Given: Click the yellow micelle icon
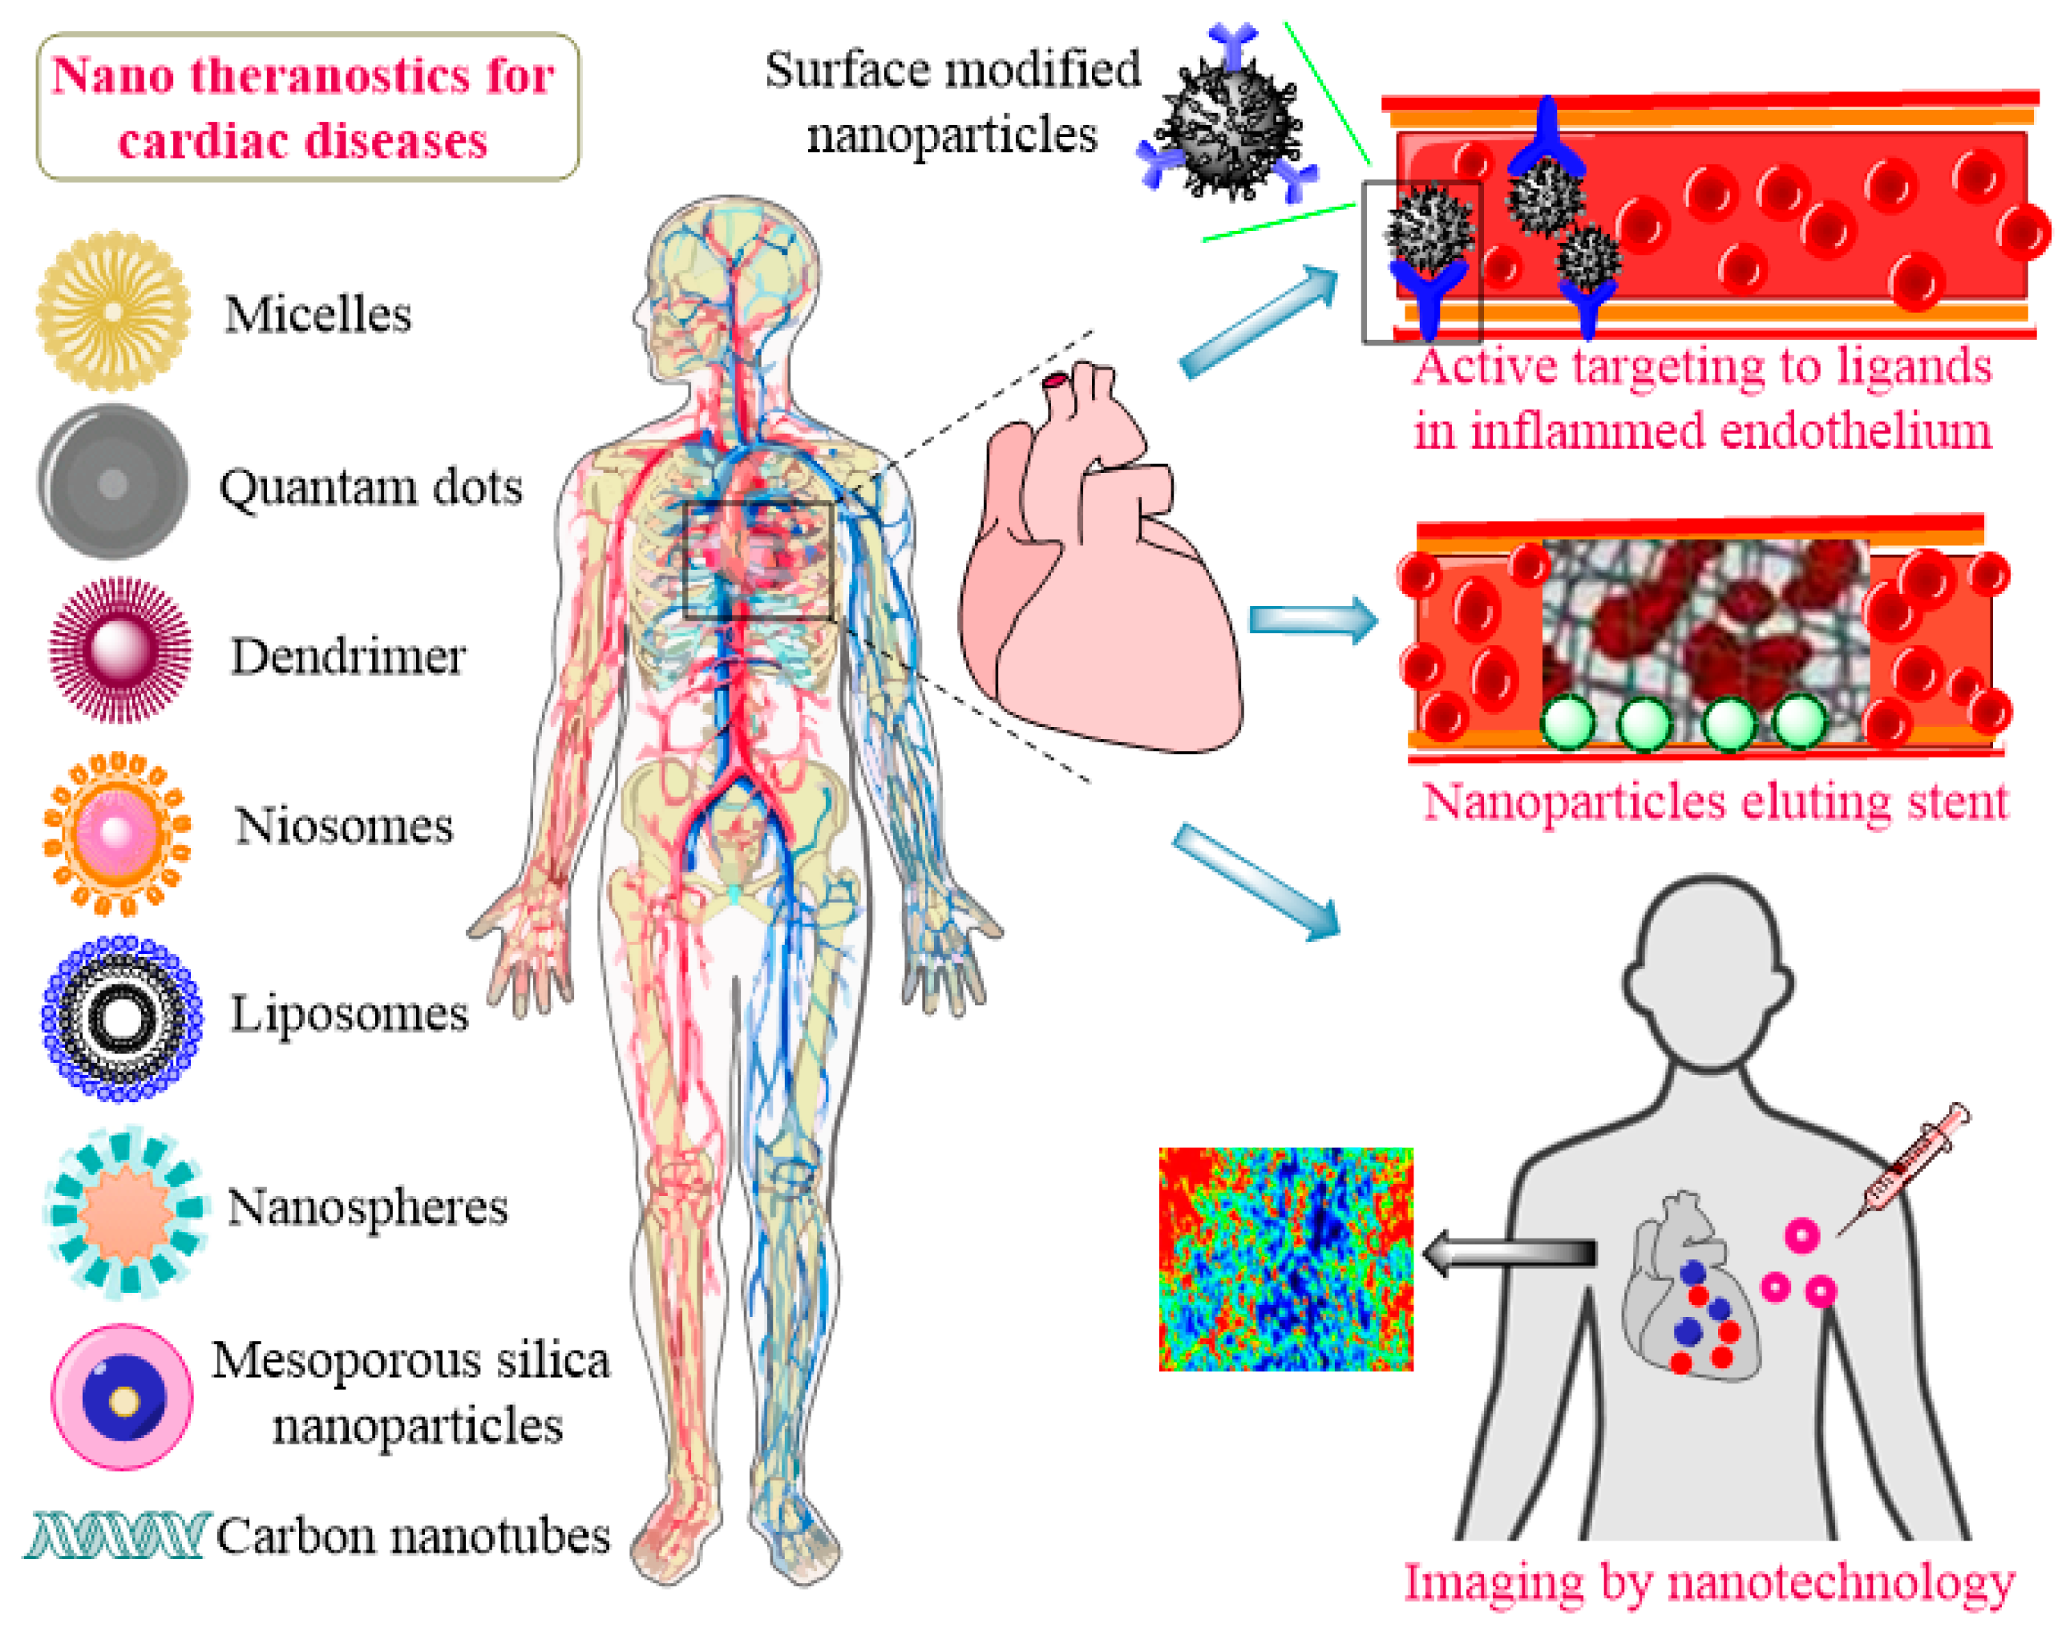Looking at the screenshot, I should coord(114,311).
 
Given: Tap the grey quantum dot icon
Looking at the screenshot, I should coord(114,483).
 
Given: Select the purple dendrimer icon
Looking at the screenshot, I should coord(120,650).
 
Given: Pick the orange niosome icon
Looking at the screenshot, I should coord(117,832).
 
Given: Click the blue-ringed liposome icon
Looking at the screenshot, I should coord(121,1018).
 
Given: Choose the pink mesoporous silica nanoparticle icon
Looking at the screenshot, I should coord(122,1397).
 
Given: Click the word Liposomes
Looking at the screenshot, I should coord(349,1013).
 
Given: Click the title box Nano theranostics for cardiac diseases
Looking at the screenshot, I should coord(307,107).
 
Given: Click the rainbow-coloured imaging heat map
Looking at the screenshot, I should coord(1285,1259).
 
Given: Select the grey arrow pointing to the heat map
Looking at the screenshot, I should coord(1508,1252).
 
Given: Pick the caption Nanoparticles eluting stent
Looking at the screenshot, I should coord(1715,802).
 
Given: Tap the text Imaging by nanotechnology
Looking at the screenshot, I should coord(1708,1583).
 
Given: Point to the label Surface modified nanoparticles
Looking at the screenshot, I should coord(952,102).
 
